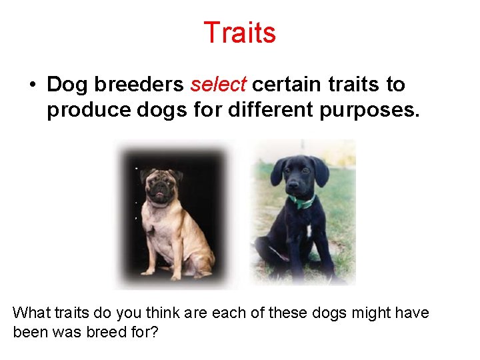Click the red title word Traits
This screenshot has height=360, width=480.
point(239,32)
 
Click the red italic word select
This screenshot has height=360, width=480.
point(219,85)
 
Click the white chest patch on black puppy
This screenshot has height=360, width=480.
point(309,231)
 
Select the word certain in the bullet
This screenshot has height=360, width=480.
point(281,85)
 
